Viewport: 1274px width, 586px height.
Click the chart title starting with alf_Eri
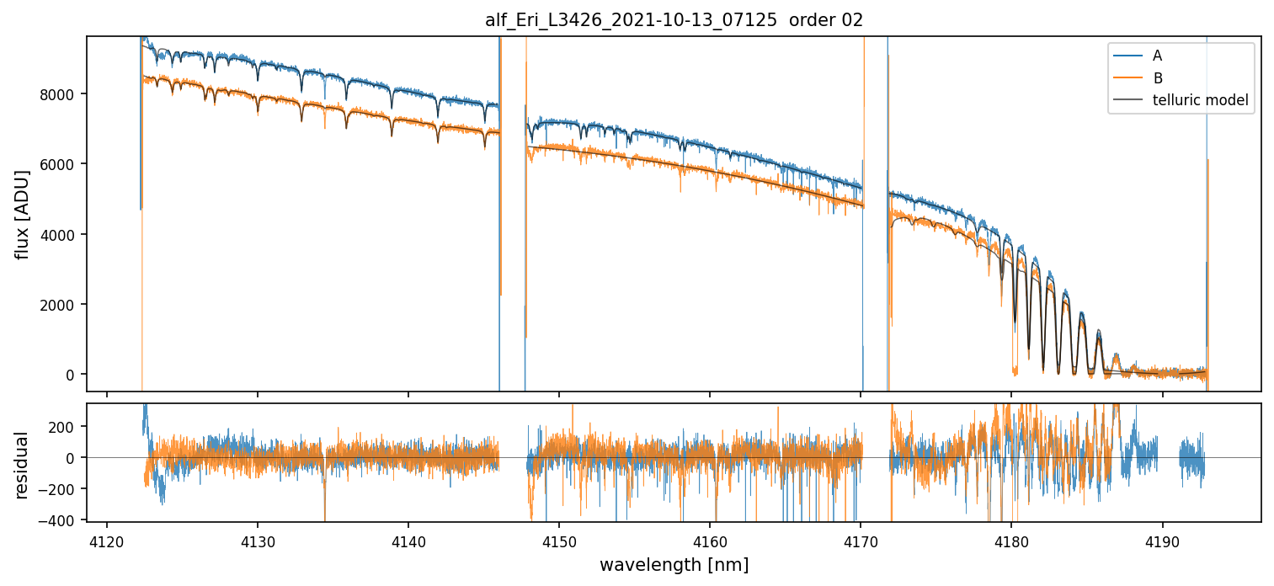pyautogui.click(x=674, y=20)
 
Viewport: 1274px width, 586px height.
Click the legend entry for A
pyautogui.click(x=1157, y=56)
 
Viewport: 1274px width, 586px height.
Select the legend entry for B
pyautogui.click(x=1157, y=78)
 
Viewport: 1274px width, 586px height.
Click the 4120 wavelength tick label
pyautogui.click(x=106, y=540)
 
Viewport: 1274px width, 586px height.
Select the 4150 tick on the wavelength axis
pyautogui.click(x=559, y=540)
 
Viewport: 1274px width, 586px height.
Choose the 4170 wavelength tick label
pyautogui.click(x=861, y=540)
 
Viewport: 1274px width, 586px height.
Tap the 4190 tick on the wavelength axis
pyautogui.click(x=1162, y=540)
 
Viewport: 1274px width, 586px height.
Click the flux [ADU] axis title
pyautogui.click(x=22, y=214)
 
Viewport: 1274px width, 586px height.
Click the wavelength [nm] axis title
pyautogui.click(x=674, y=565)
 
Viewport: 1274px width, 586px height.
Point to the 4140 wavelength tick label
pyautogui.click(x=408, y=540)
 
